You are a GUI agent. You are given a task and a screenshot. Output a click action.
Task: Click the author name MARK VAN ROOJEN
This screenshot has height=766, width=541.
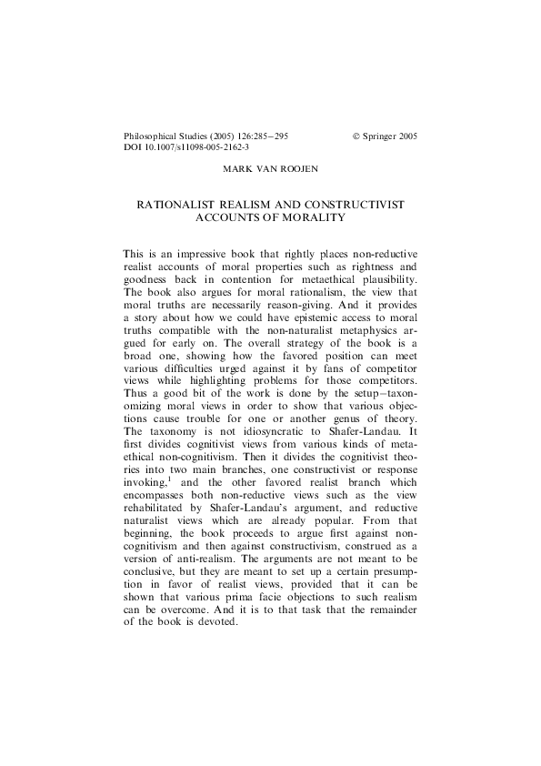click(270, 169)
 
